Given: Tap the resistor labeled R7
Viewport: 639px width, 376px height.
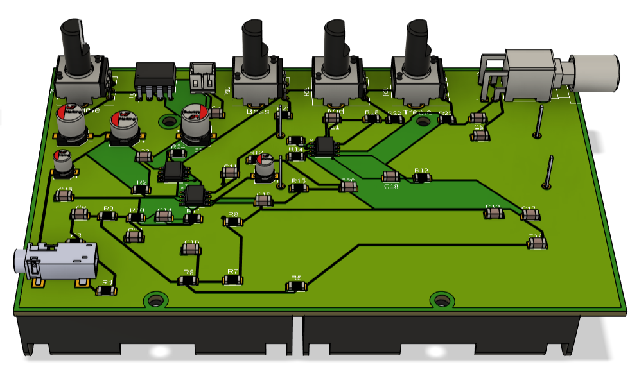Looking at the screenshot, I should [x=232, y=279].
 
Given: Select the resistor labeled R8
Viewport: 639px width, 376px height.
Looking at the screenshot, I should [x=233, y=221].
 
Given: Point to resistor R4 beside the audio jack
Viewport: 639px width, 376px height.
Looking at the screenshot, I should [x=107, y=290].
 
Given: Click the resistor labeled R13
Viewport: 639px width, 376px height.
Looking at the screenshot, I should [x=421, y=178].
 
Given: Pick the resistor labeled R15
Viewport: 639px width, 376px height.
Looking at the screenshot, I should [x=299, y=188].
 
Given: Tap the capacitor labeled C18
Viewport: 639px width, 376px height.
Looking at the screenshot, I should [x=390, y=177].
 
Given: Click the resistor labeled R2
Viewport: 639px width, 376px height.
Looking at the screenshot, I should [x=141, y=189].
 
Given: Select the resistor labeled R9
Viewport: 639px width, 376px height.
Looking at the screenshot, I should [x=108, y=216].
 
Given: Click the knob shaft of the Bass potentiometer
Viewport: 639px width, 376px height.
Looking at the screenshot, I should [x=252, y=45].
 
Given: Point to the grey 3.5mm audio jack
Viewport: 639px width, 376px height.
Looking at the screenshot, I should [x=55, y=263].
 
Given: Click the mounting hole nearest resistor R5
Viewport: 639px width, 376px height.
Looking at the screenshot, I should [x=441, y=300].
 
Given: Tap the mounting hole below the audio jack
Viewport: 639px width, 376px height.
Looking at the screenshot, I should [x=154, y=300].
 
